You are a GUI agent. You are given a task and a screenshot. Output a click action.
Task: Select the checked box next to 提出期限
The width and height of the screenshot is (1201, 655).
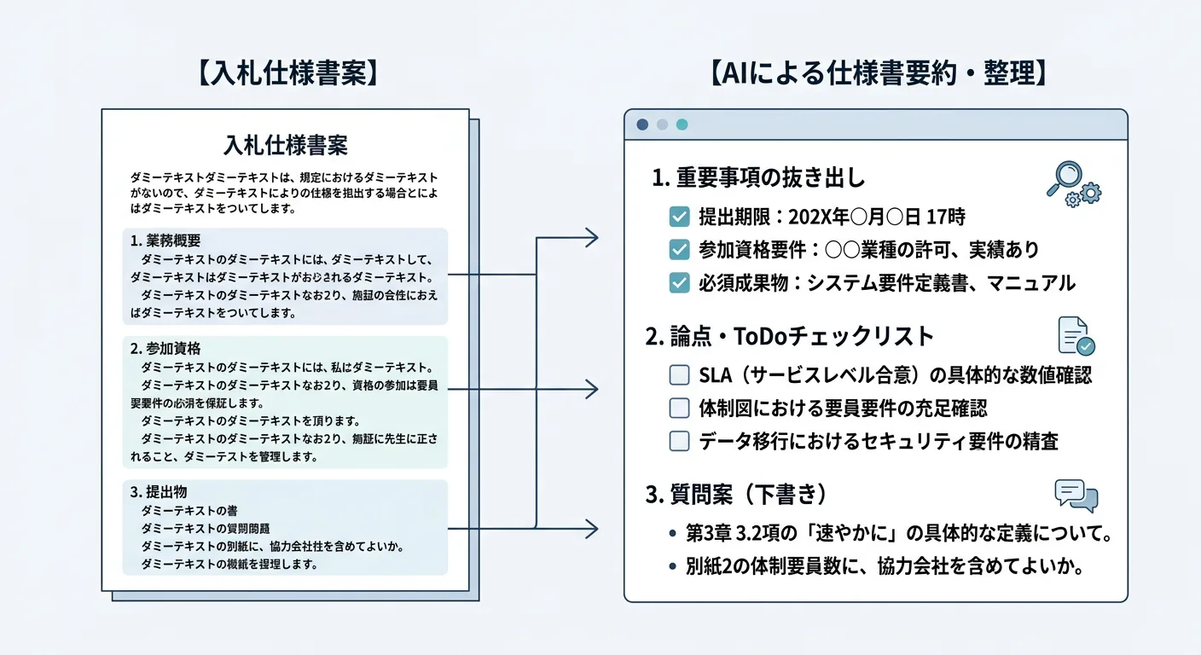[x=680, y=217]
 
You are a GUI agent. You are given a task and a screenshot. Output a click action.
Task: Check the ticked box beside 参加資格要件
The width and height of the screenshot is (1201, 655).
[x=680, y=250]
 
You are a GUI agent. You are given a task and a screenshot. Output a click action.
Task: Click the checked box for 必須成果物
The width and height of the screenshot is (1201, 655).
[x=680, y=283]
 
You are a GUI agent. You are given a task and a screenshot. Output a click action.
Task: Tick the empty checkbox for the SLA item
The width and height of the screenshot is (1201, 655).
[x=680, y=374]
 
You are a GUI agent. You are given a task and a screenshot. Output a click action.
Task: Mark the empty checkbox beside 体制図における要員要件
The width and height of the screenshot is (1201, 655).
[x=680, y=408]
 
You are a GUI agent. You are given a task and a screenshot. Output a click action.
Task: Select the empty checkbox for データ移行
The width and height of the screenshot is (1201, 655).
[x=680, y=441]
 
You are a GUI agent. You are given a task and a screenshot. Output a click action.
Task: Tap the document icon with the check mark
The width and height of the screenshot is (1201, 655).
[x=1076, y=336]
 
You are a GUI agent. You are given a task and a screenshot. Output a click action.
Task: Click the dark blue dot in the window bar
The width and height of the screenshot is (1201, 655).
[x=642, y=125]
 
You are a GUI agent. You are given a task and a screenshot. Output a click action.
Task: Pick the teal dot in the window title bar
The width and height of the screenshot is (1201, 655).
[x=682, y=125]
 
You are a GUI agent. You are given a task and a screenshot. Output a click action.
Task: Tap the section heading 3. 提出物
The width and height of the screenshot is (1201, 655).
[x=159, y=492]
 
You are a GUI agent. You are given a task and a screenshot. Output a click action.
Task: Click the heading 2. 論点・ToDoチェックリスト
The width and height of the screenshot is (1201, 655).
[x=790, y=336]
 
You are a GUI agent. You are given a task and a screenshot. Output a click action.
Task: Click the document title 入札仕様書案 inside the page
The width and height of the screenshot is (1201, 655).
[x=285, y=145]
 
